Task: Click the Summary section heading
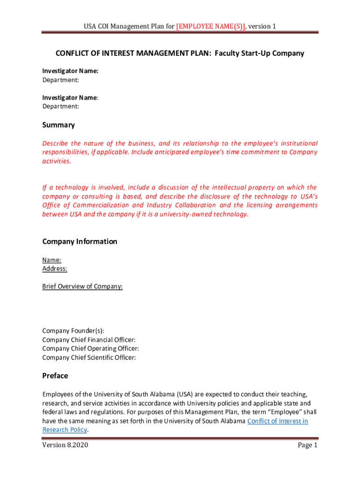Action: [58, 125]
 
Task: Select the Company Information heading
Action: [79, 241]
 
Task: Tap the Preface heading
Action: [55, 376]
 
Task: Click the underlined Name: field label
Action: [52, 260]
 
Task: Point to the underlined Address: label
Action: [55, 269]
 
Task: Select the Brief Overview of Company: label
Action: [82, 286]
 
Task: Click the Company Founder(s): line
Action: [73, 331]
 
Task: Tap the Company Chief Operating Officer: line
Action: [90, 348]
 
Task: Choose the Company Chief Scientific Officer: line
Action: [89, 357]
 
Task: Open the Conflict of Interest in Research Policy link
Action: [277, 421]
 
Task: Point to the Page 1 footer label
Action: [308, 445]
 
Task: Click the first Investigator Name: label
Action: [70, 71]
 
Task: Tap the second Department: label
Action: [60, 106]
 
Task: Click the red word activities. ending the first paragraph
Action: [57, 161]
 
